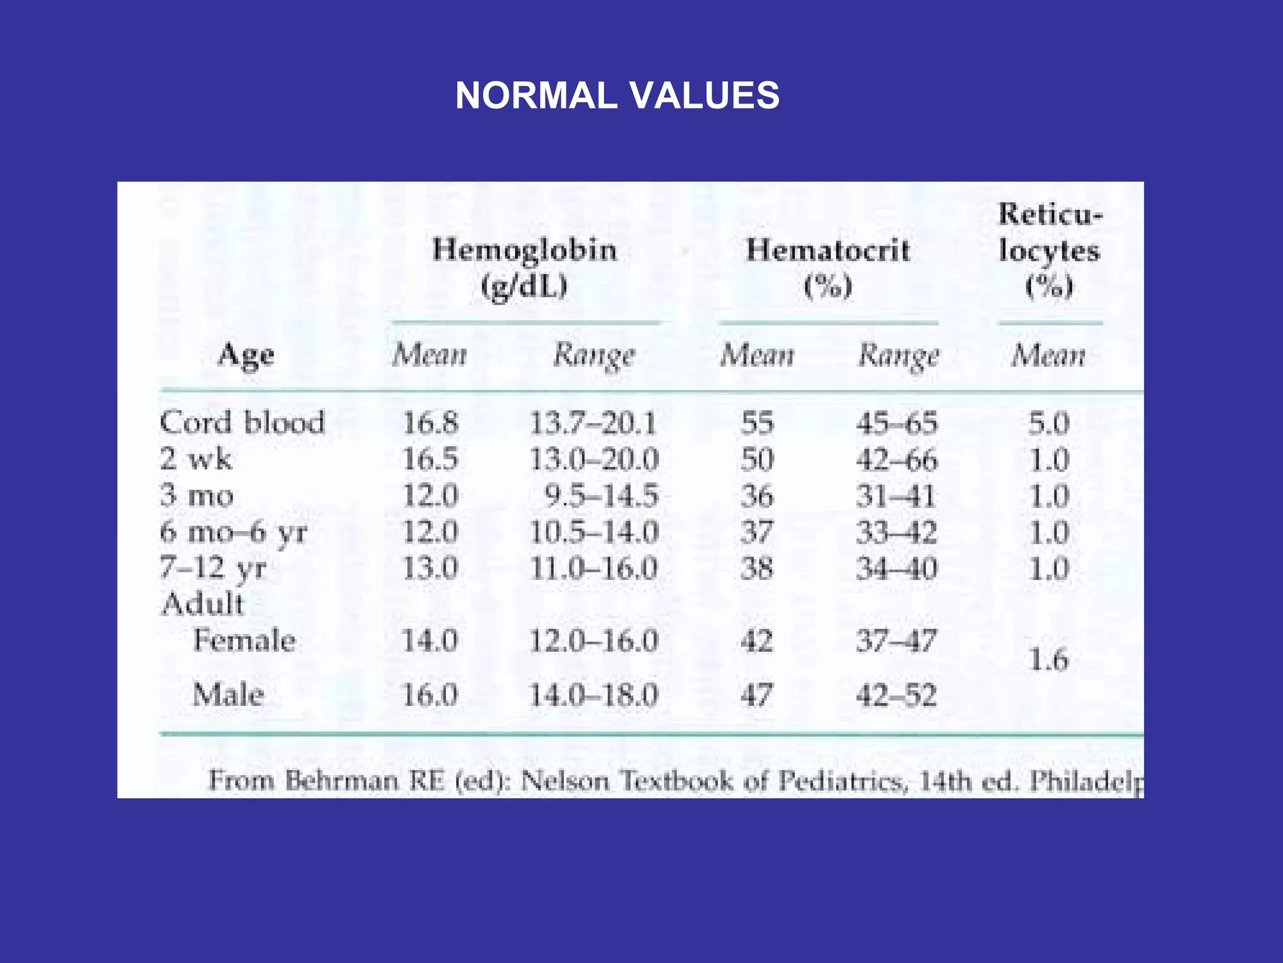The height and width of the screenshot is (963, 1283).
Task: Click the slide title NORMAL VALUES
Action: [x=617, y=96]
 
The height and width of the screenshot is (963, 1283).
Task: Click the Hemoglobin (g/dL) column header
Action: [x=524, y=268]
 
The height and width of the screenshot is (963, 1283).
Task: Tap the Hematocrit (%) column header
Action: [x=828, y=268]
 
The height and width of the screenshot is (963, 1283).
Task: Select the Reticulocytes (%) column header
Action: [x=1049, y=250]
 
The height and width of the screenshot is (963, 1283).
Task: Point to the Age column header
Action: [x=246, y=355]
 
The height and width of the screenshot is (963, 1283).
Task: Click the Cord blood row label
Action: [x=242, y=423]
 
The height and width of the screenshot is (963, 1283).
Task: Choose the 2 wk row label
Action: [x=195, y=459]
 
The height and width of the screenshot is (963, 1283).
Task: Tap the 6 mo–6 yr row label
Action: [x=234, y=532]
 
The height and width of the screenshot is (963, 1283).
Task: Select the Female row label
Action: [x=244, y=641]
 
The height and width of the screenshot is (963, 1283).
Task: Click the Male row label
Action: [x=228, y=695]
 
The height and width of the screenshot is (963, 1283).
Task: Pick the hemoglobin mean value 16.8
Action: [x=430, y=423]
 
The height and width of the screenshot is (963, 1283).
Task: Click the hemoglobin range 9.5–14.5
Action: [x=601, y=496]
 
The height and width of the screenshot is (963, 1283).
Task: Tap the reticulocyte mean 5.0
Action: [x=1049, y=423]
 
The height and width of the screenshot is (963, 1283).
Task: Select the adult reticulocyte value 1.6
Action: [x=1049, y=660]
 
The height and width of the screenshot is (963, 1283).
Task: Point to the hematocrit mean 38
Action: [x=757, y=569]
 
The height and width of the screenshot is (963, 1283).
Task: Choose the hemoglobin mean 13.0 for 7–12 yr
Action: [x=430, y=569]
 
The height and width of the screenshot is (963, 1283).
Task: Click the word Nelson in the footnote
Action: [x=564, y=781]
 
